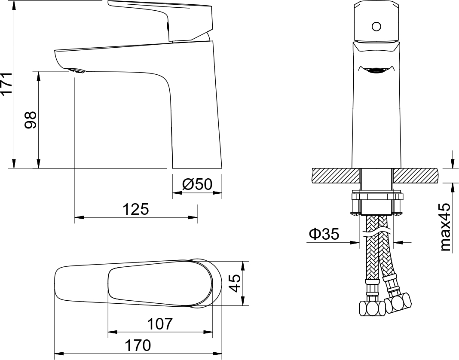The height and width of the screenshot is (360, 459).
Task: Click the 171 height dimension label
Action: (x=6, y=83)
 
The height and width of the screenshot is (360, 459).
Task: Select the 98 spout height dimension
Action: (x=31, y=120)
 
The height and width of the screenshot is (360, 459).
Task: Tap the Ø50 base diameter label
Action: (x=197, y=184)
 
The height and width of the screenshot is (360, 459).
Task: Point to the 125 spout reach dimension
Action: (x=135, y=210)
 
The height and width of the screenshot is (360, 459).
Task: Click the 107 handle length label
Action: (x=160, y=324)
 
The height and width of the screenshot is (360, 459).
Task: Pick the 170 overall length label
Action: (x=138, y=345)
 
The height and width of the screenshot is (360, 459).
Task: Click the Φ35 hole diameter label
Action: (x=324, y=234)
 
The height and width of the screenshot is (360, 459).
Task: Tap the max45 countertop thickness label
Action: (x=445, y=227)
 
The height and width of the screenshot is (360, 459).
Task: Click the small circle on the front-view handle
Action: (x=376, y=27)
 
